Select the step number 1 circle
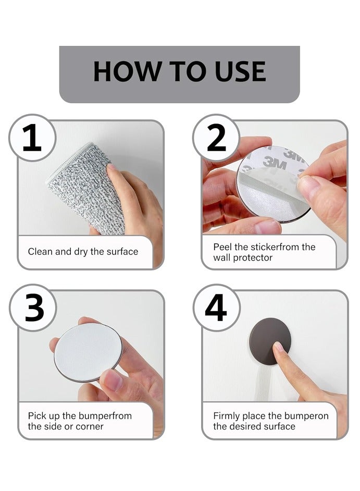(x=32, y=138)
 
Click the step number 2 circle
(x=216, y=138)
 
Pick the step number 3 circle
(x=33, y=308)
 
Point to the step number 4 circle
(x=217, y=308)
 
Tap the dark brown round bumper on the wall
(x=270, y=341)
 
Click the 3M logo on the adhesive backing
(x=275, y=163)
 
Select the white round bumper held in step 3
(x=88, y=352)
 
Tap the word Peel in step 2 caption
(x=222, y=247)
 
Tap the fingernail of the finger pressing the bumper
(x=278, y=347)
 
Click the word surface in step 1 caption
(x=122, y=252)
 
